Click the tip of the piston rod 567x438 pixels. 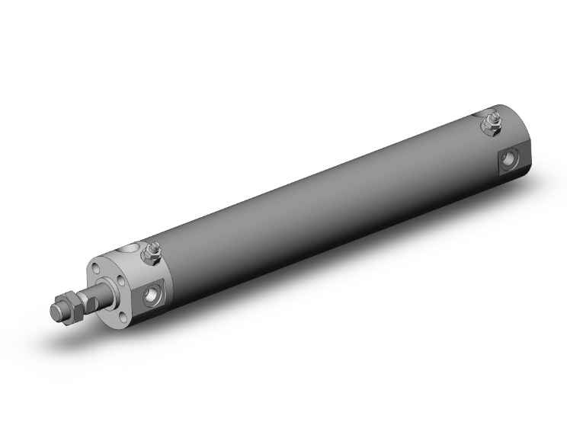56,312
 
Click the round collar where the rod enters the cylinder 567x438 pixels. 119,286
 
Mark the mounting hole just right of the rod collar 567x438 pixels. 140,282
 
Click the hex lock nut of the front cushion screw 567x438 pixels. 153,255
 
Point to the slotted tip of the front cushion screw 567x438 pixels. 153,245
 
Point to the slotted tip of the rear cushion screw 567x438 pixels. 492,115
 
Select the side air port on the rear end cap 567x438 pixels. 508,160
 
